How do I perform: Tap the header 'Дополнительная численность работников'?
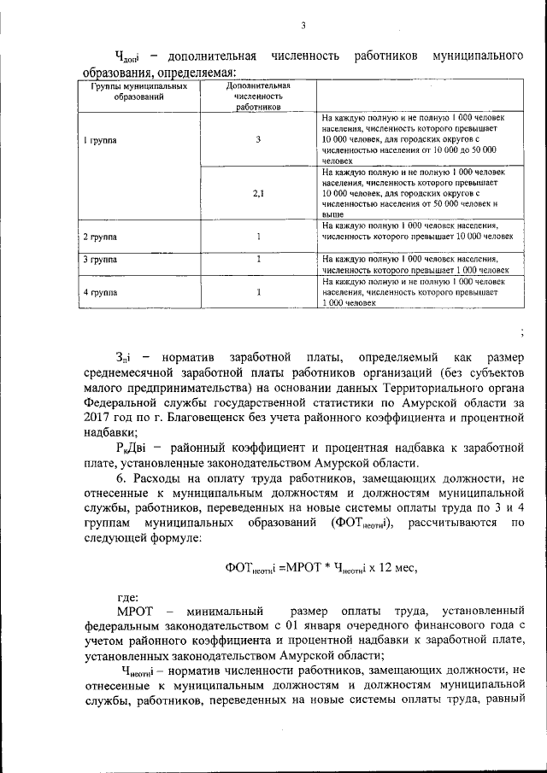click(257, 97)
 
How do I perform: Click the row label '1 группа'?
click(100, 138)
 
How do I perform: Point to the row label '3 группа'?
click(100, 259)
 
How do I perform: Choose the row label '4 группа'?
click(100, 292)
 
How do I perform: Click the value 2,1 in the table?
click(258, 193)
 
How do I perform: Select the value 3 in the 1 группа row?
click(257, 138)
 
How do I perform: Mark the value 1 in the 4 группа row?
click(258, 292)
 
